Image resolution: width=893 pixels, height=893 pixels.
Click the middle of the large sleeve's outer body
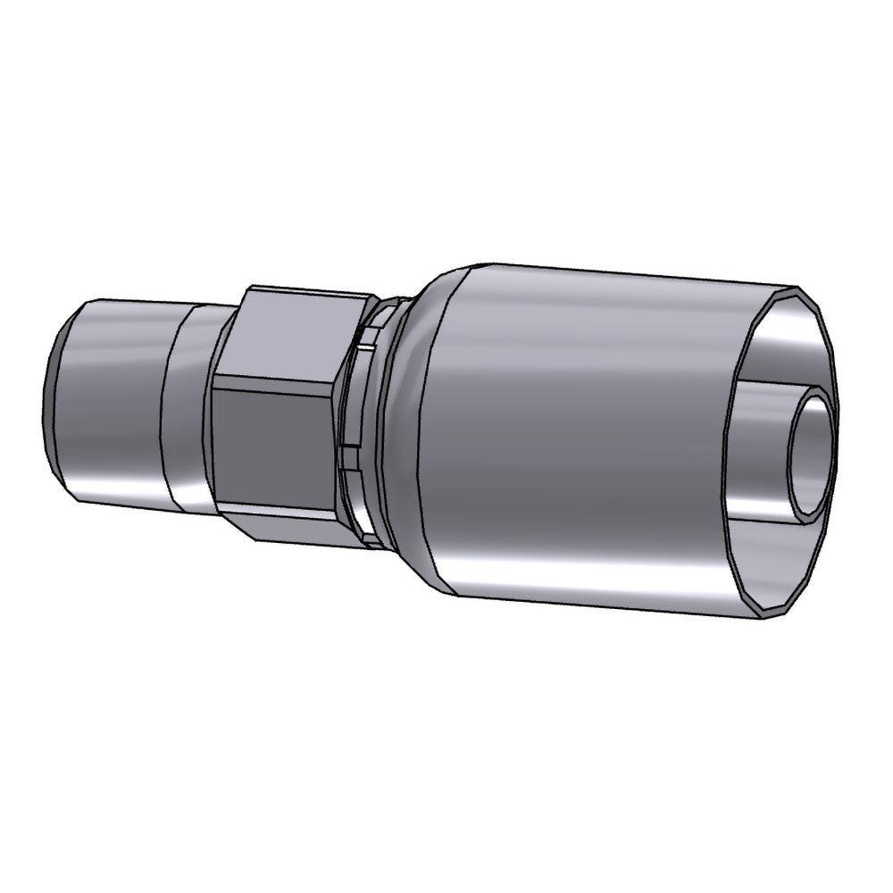[x=572, y=438]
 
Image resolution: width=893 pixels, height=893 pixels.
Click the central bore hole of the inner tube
[x=814, y=455]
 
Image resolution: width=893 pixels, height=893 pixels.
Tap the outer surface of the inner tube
[x=768, y=446]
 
